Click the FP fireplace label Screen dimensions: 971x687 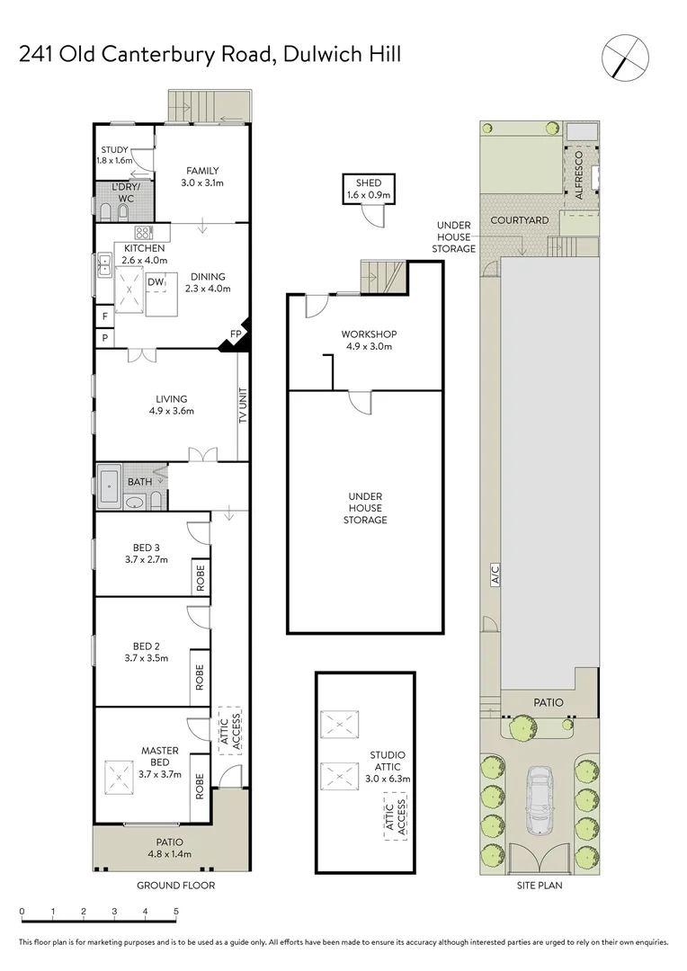[x=236, y=334]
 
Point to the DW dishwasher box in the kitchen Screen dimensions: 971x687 [x=156, y=282]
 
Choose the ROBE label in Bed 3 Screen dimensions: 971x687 [x=200, y=578]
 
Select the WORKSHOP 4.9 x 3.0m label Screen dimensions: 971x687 [x=369, y=340]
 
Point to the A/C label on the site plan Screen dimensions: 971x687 [x=494, y=580]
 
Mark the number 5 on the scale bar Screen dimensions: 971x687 [x=176, y=912]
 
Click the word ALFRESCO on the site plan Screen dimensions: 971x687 [x=579, y=176]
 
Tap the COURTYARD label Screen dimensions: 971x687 [x=519, y=219]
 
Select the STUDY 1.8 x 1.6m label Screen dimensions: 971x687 [x=114, y=155]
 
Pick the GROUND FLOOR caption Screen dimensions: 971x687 [x=175, y=886]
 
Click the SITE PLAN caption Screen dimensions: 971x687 [x=540, y=886]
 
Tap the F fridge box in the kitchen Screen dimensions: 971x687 [x=104, y=316]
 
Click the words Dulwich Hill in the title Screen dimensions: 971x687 [x=342, y=54]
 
